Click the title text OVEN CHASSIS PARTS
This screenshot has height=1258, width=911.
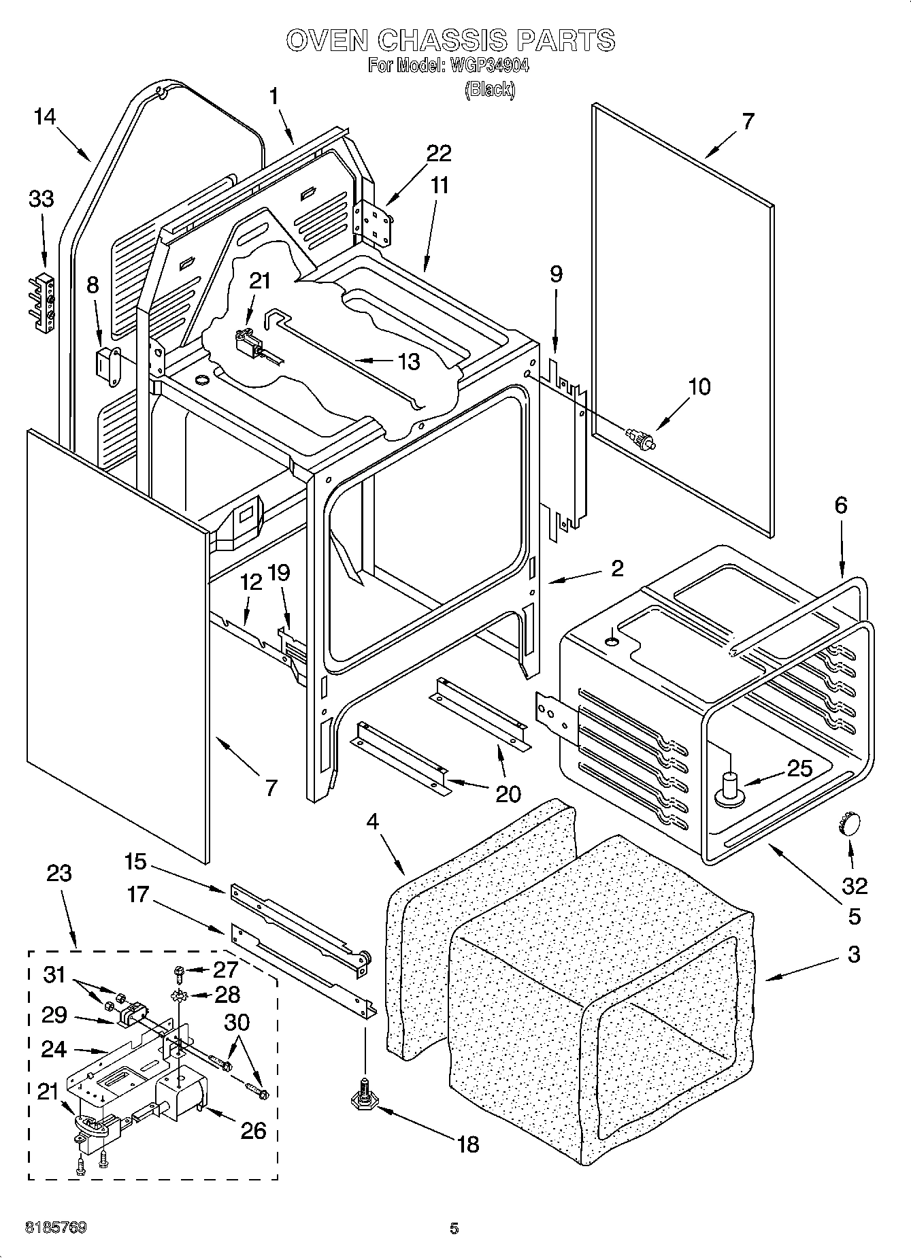450,41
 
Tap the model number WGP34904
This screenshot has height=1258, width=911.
488,66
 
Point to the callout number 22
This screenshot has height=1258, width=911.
438,153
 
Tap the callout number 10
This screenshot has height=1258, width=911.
699,386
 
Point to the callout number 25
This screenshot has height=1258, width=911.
799,769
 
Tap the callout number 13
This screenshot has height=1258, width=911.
408,361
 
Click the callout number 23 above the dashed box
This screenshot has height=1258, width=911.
59,873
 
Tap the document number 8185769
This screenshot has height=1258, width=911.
56,1228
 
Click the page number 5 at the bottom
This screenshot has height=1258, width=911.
454,1228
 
